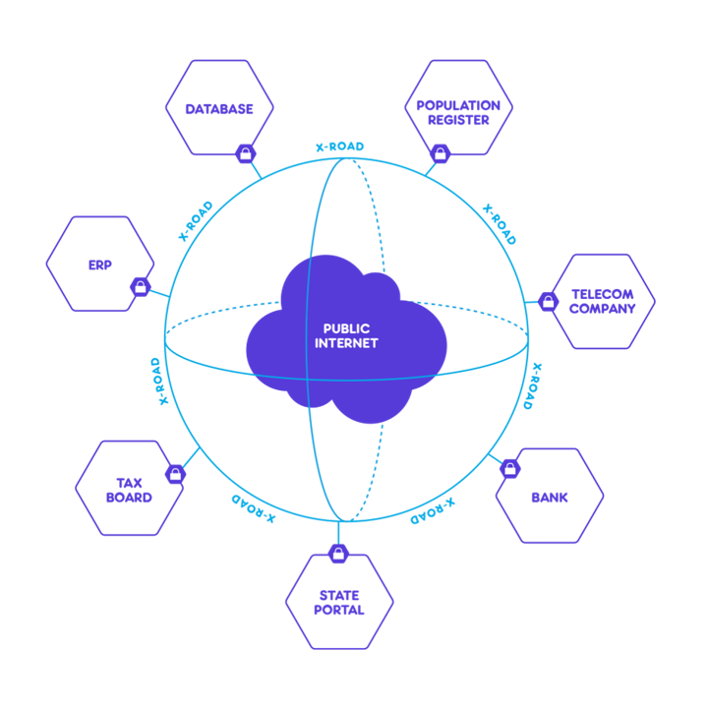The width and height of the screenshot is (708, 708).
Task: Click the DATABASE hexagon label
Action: pyautogui.click(x=219, y=109)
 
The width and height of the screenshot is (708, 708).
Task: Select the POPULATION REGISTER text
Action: pyautogui.click(x=458, y=113)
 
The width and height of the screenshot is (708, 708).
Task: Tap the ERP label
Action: pyautogui.click(x=99, y=265)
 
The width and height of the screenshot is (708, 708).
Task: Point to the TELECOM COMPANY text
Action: pyautogui.click(x=603, y=302)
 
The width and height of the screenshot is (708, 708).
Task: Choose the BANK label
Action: pyautogui.click(x=550, y=498)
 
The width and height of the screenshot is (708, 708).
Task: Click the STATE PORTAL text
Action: pyautogui.click(x=339, y=603)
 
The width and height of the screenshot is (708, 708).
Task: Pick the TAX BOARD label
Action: pyautogui.click(x=129, y=491)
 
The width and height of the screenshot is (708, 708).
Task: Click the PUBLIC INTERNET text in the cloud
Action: pyautogui.click(x=346, y=336)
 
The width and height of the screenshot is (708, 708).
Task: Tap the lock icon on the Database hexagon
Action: pyautogui.click(x=246, y=154)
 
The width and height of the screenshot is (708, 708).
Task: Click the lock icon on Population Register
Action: pyautogui.click(x=441, y=154)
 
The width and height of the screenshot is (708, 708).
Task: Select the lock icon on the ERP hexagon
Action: pyautogui.click(x=141, y=287)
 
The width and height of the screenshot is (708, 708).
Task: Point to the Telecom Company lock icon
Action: pyautogui.click(x=548, y=302)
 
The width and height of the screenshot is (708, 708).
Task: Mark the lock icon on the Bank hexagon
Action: pyautogui.click(x=510, y=469)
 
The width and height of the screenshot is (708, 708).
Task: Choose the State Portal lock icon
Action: pyautogui.click(x=338, y=554)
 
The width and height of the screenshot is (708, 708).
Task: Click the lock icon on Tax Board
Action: pyautogui.click(x=175, y=474)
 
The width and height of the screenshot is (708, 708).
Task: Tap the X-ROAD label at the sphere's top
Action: pyautogui.click(x=339, y=147)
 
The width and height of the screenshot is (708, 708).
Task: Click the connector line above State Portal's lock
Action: pyautogui.click(x=338, y=533)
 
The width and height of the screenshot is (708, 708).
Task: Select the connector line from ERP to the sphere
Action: pyautogui.click(x=159, y=293)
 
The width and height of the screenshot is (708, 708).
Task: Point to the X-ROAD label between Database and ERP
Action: pyautogui.click(x=196, y=221)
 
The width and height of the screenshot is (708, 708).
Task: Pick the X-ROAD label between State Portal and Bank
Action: pyautogui.click(x=433, y=511)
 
